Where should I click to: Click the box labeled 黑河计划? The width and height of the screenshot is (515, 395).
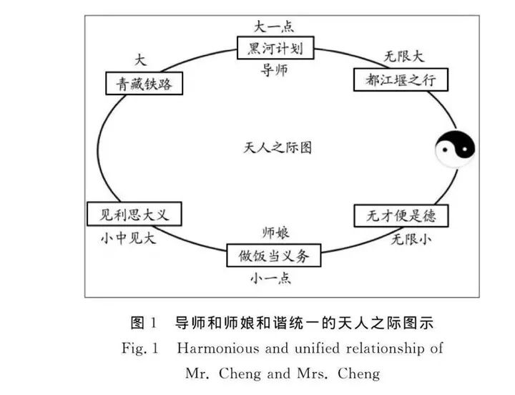[x=276, y=49]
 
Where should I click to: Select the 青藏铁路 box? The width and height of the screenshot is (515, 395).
[x=143, y=83]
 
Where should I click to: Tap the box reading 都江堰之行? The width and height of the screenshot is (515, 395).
[x=401, y=79]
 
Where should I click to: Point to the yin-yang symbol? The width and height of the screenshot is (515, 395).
[x=456, y=150]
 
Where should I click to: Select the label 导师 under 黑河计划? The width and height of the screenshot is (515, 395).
[x=276, y=69]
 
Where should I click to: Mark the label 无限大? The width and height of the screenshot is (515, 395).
[x=404, y=56]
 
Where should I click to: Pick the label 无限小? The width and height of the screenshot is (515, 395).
[x=411, y=239]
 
